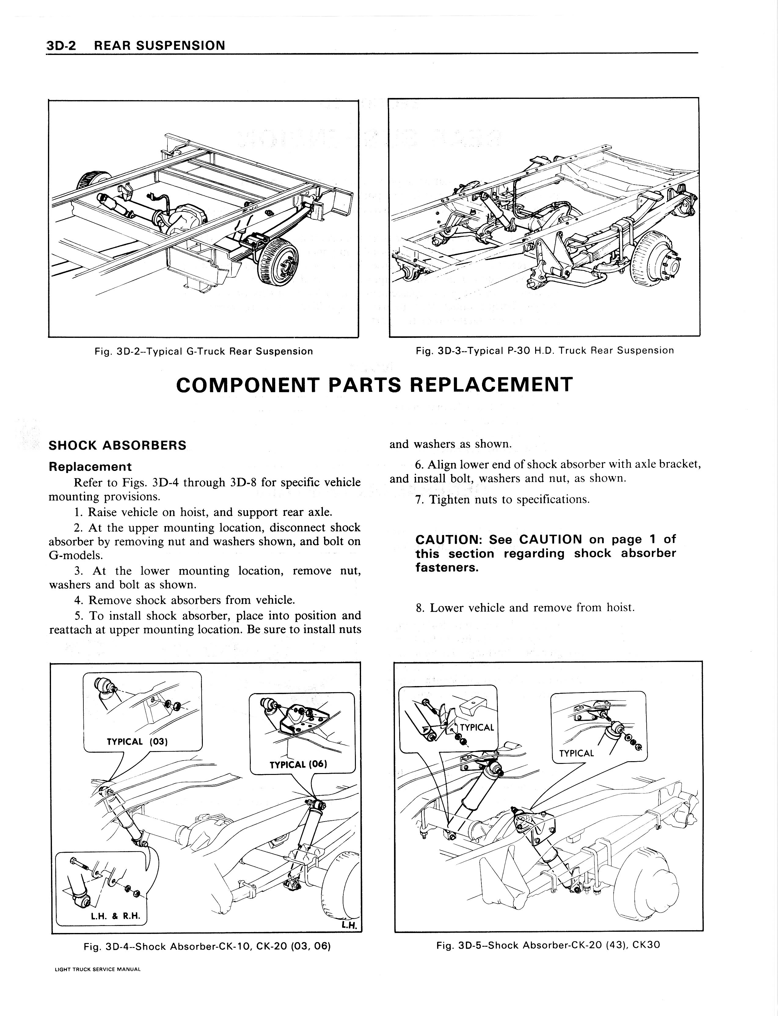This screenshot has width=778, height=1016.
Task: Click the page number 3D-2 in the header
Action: [x=63, y=45]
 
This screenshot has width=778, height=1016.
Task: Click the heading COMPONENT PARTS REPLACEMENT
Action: [x=374, y=385]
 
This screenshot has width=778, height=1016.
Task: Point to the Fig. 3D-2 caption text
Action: [x=203, y=351]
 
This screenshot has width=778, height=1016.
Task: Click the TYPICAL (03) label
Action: [x=137, y=742]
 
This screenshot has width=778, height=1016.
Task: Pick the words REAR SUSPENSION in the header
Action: [x=159, y=45]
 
